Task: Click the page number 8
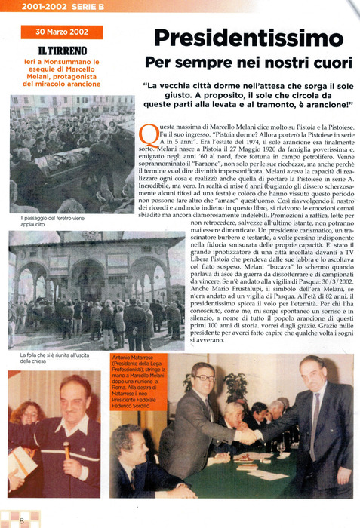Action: pos(22,520)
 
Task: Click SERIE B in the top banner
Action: pos(82,7)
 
